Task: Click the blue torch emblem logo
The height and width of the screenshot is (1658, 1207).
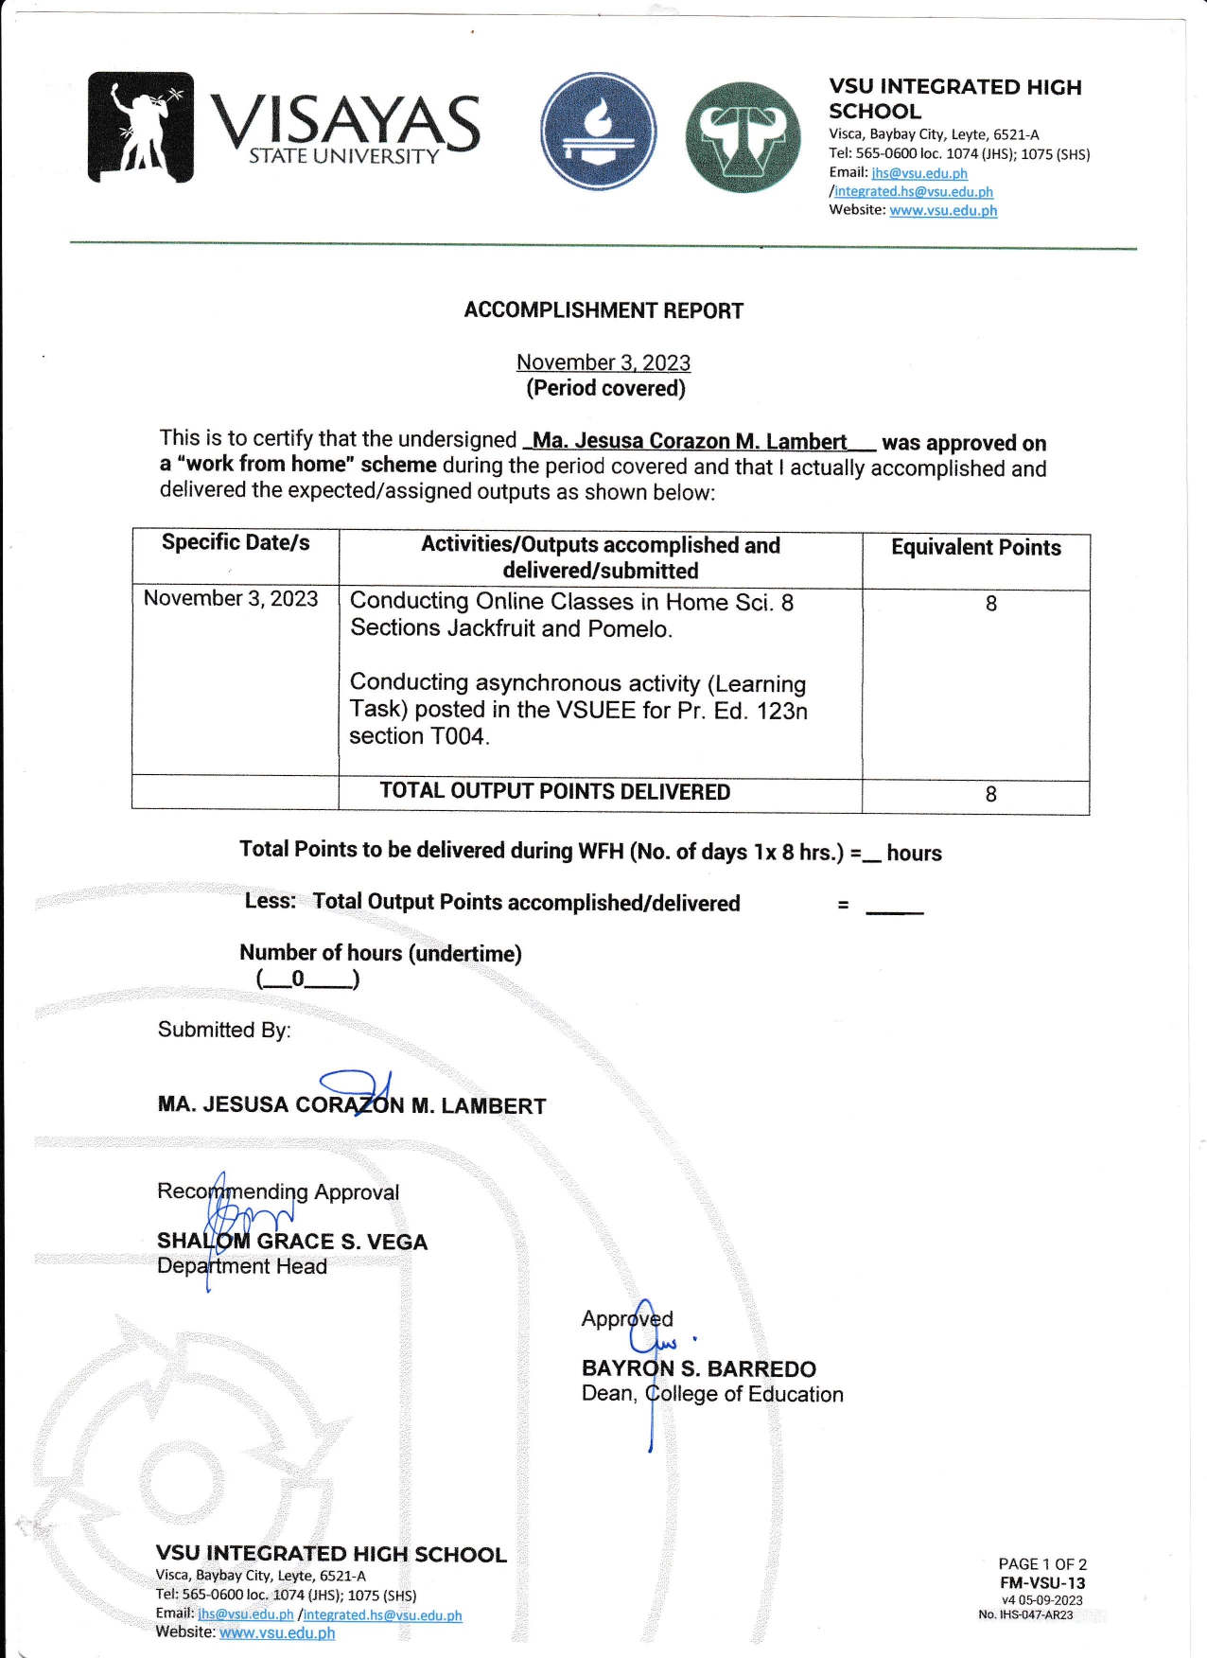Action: point(598,132)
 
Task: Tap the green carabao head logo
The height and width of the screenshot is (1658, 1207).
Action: point(743,136)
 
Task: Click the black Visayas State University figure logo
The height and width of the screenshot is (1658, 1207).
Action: point(141,127)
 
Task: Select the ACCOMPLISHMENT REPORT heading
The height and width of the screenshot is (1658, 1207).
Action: point(603,310)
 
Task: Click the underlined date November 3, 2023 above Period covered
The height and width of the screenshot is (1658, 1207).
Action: point(603,362)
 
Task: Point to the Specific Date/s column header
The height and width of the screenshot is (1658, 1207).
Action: point(236,542)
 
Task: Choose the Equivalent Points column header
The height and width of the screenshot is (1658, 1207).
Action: point(975,547)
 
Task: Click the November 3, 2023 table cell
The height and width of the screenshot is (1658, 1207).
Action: point(231,598)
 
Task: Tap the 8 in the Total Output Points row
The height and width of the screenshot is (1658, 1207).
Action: point(990,794)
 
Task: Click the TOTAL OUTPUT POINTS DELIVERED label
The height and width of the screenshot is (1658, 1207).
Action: point(555,791)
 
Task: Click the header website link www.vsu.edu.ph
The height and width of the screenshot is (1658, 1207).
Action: point(943,210)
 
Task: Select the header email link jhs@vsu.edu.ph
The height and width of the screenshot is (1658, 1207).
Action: point(919,173)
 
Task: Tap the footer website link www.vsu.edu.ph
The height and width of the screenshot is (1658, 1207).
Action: point(277,1632)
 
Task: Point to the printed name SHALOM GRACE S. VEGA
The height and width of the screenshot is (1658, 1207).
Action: point(292,1242)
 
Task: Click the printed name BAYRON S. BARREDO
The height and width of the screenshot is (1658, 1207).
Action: point(699,1368)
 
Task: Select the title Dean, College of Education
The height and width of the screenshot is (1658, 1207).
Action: point(712,1394)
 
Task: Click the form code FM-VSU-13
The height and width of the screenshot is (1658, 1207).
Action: point(1042,1582)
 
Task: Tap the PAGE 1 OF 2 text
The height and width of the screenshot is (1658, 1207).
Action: point(1042,1564)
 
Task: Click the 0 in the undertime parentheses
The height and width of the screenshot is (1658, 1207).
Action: point(298,979)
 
